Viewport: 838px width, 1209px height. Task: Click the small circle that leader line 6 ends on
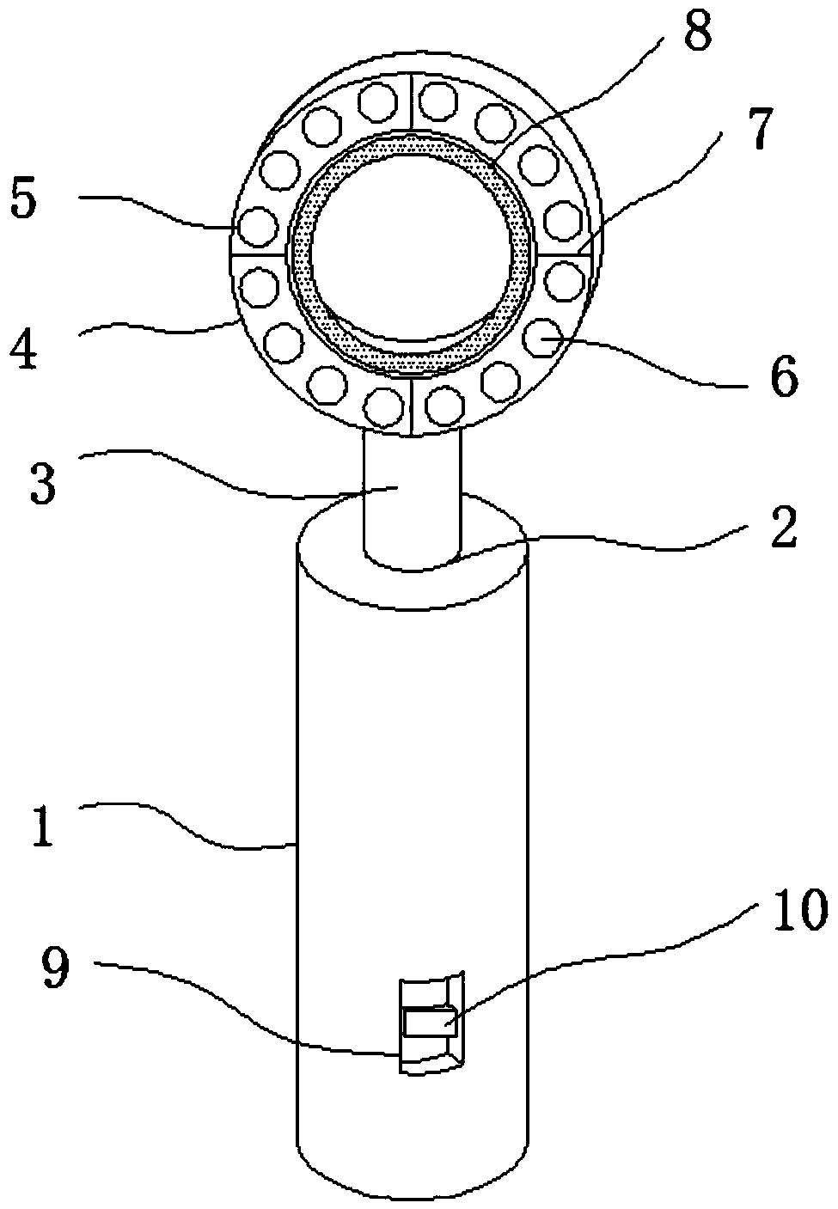point(543,337)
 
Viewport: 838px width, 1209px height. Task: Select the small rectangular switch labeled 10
point(426,1021)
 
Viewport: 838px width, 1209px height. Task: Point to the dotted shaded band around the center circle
point(301,258)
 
